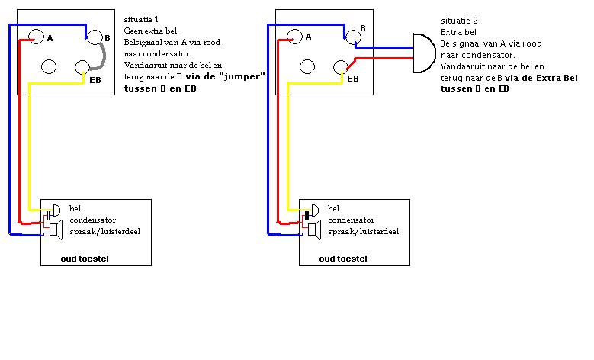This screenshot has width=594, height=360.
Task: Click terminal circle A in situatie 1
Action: pyautogui.click(x=37, y=35)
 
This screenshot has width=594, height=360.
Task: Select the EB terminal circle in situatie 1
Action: pyautogui.click(x=84, y=67)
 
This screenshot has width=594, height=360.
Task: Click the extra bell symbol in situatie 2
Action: pyautogui.click(x=422, y=53)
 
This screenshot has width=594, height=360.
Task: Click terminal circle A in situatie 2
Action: pyautogui.click(x=294, y=35)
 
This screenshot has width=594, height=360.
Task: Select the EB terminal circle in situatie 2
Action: pyautogui.click(x=342, y=67)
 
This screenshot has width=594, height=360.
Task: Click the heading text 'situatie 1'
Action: pyautogui.click(x=140, y=17)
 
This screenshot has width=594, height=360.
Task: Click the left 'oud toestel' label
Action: pyautogui.click(x=85, y=259)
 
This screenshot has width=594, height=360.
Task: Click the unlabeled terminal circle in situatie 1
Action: pyautogui.click(x=50, y=67)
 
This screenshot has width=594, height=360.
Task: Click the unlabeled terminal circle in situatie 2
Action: pyautogui.click(x=307, y=67)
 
